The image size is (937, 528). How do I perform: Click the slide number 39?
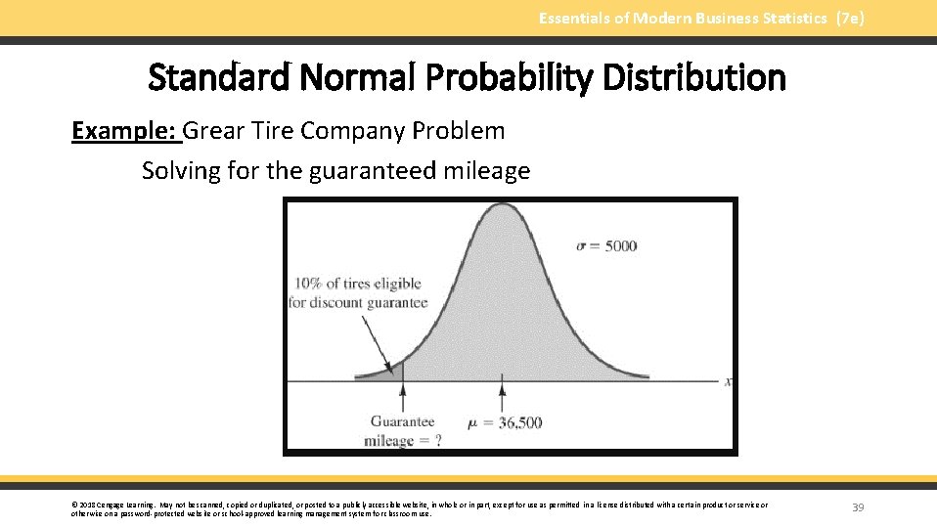(858, 507)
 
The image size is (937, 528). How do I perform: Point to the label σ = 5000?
(606, 245)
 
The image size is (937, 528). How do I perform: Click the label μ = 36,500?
(505, 423)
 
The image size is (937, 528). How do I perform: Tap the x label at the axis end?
(728, 381)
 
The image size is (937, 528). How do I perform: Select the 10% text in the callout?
(308, 284)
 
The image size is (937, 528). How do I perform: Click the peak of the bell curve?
(503, 204)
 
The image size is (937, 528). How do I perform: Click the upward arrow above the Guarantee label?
(403, 397)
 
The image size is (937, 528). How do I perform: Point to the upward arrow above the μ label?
(503, 397)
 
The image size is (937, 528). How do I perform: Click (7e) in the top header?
(850, 18)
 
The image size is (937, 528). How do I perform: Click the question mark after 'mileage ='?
(438, 440)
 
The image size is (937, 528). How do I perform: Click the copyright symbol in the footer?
(74, 505)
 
